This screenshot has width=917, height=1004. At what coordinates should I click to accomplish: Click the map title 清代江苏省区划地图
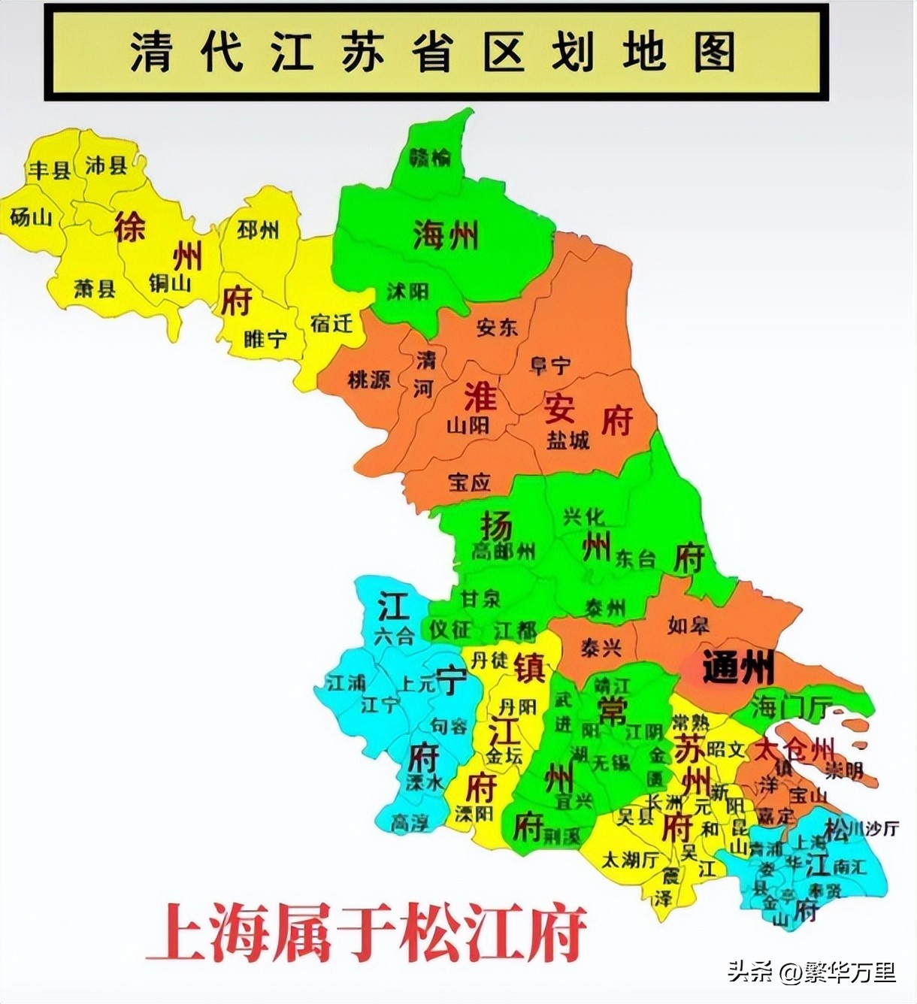tap(434, 51)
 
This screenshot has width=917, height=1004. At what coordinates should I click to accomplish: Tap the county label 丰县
tap(50, 170)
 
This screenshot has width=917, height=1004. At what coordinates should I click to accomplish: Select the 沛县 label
tap(106, 165)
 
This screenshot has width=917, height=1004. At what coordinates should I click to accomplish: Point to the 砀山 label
tap(32, 217)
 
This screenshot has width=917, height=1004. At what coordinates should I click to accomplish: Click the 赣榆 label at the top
tap(430, 158)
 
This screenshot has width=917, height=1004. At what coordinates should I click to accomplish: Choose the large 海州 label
tap(445, 236)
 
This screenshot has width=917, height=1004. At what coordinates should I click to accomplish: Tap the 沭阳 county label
tap(407, 291)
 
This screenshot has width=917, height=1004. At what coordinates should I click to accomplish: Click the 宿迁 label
tap(331, 323)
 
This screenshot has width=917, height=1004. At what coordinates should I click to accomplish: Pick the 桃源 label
tap(369, 380)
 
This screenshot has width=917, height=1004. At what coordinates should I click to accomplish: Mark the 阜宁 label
tap(550, 366)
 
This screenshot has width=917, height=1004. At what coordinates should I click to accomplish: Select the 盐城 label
tap(567, 440)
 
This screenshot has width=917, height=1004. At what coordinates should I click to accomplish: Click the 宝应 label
tap(469, 482)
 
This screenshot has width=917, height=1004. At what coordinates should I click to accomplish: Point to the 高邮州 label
tap(503, 551)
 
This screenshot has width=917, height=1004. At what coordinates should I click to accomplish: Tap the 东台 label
tap(635, 558)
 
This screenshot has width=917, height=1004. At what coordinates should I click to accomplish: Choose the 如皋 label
tap(688, 624)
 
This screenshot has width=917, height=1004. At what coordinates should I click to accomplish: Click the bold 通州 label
tap(737, 667)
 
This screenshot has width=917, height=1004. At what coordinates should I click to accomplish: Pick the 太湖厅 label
tap(630, 858)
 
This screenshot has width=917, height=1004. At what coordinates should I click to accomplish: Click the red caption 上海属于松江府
tap(366, 933)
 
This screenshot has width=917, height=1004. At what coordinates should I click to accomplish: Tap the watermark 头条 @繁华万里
tap(812, 972)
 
